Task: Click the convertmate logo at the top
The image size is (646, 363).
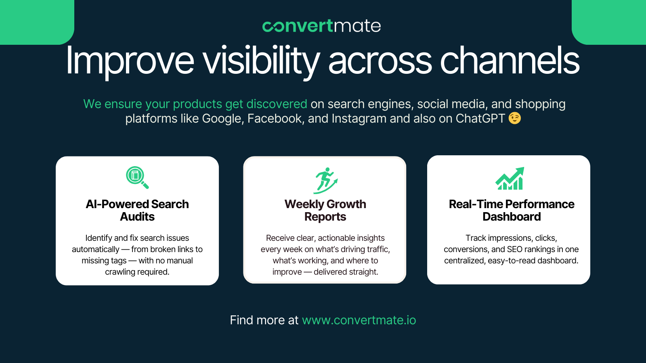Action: pyautogui.click(x=321, y=26)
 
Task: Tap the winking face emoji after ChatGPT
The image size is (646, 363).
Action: pyautogui.click(x=515, y=118)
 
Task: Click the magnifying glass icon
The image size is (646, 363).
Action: pyautogui.click(x=137, y=177)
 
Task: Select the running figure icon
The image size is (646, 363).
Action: pyautogui.click(x=325, y=180)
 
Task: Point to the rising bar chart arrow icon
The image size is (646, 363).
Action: pyautogui.click(x=510, y=179)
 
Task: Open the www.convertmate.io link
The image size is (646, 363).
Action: pyautogui.click(x=359, y=320)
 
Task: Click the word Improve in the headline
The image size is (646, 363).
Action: pyautogui.click(x=130, y=61)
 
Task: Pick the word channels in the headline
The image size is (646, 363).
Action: pyautogui.click(x=510, y=60)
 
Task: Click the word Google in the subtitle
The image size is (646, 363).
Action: pyautogui.click(x=222, y=119)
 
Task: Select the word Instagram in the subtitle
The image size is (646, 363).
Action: pyautogui.click(x=359, y=119)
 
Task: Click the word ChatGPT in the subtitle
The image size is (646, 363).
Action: pyautogui.click(x=480, y=119)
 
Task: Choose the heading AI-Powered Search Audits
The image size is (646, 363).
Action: pyautogui.click(x=137, y=210)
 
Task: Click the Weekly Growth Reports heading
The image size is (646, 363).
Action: pyautogui.click(x=325, y=210)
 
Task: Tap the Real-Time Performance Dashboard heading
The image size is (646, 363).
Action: pyautogui.click(x=512, y=210)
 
